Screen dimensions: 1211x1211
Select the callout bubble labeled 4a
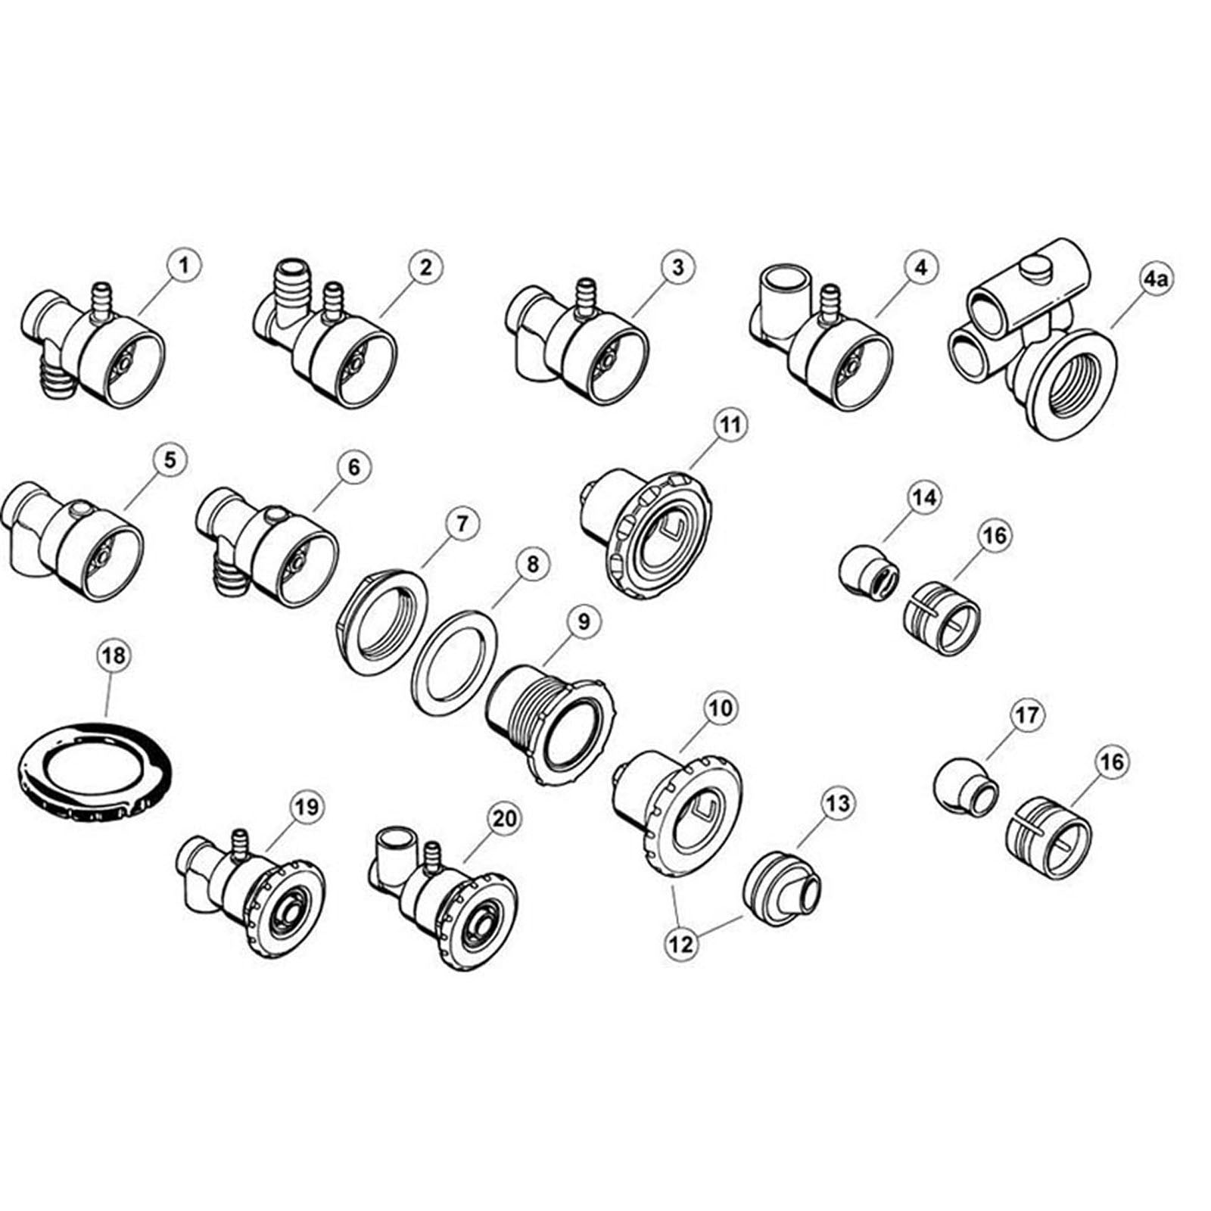coord(1156,280)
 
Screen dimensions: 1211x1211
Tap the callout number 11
coord(729,425)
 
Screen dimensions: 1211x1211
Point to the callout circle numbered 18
coord(112,656)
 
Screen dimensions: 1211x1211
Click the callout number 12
coord(680,945)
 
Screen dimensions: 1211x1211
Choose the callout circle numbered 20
coord(506,818)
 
